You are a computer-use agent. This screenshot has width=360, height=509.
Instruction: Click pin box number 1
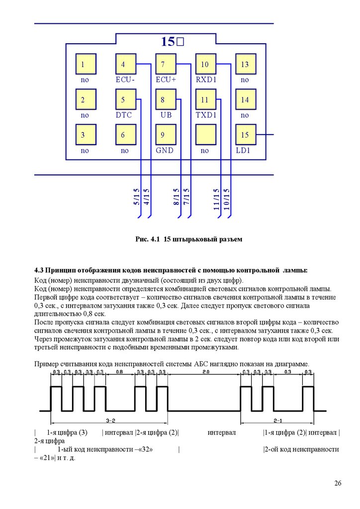[85, 64]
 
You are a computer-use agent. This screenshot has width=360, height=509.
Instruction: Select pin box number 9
[165, 135]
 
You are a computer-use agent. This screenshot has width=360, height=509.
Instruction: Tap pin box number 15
[245, 135]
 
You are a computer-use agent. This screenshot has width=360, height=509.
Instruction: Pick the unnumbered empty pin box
[205, 135]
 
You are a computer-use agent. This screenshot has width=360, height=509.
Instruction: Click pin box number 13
[245, 64]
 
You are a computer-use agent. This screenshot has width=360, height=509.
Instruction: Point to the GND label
[165, 151]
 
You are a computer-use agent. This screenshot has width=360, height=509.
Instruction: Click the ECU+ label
[166, 80]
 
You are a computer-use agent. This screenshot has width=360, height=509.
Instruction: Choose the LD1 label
[244, 151]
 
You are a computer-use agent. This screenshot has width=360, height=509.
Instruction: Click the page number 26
[338, 484]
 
